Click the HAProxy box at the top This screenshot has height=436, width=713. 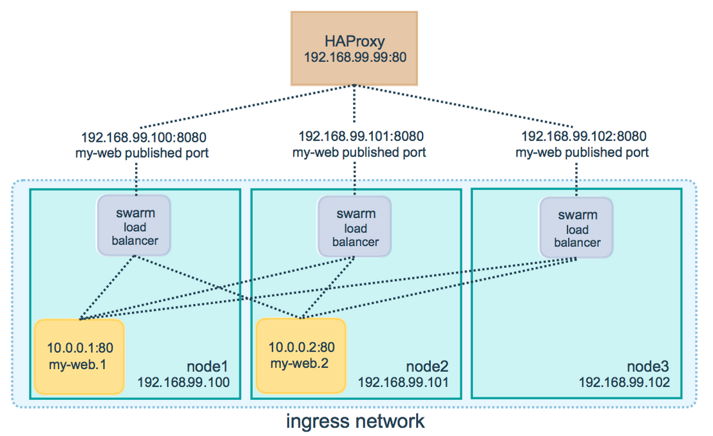[x=354, y=49]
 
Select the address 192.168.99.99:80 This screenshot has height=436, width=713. [x=355, y=57]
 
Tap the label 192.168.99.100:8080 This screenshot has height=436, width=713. [x=144, y=137]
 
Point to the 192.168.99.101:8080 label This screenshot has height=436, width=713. [x=361, y=137]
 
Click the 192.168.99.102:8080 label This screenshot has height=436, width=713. [x=584, y=137]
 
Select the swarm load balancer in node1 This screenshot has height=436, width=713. [x=134, y=226]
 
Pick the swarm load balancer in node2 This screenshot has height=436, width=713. [x=354, y=227]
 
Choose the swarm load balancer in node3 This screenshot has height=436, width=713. [x=576, y=228]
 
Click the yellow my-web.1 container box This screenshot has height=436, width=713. [x=80, y=357]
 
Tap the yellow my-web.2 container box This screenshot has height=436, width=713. [x=301, y=356]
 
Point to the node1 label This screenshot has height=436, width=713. [x=207, y=366]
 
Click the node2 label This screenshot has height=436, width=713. [x=428, y=366]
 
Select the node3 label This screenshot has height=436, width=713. [x=648, y=366]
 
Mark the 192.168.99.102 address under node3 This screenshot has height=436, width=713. [x=624, y=383]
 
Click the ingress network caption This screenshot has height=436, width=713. [x=355, y=422]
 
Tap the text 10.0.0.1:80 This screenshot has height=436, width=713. [x=80, y=348]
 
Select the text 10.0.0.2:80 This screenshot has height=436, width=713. [x=301, y=347]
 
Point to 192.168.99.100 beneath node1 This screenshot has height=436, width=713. [x=184, y=383]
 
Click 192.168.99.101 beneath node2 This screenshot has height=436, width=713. [x=403, y=383]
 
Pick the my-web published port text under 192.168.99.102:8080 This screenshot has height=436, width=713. [x=582, y=152]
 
